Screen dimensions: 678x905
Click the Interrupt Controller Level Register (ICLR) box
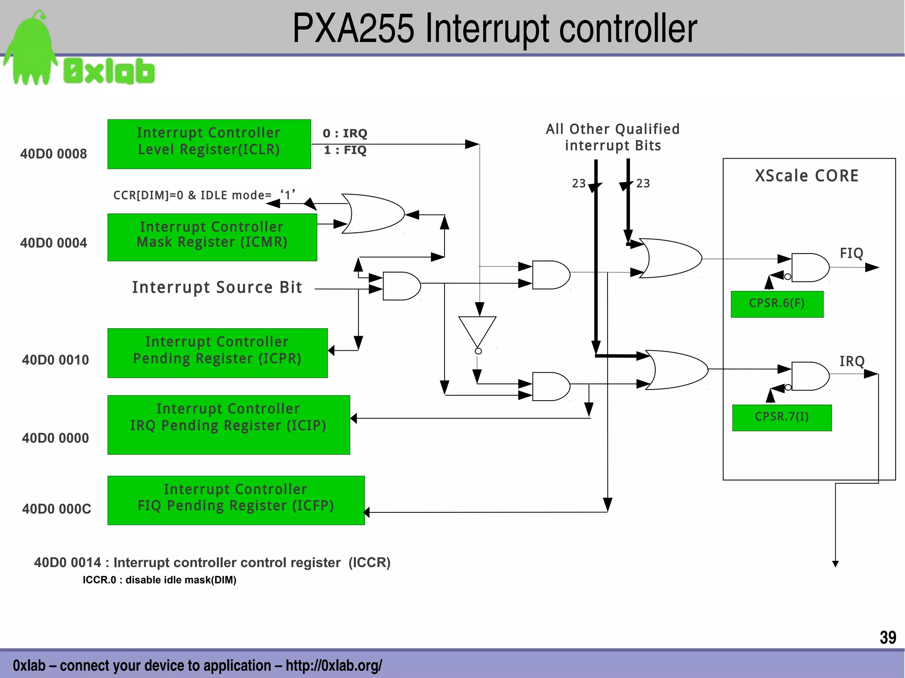(x=209, y=144)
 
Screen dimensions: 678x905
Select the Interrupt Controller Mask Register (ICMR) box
(x=212, y=237)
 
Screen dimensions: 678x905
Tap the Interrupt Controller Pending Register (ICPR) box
(x=217, y=353)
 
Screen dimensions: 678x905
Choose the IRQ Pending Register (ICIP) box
(x=228, y=424)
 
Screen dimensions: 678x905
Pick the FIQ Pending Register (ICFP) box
(x=236, y=500)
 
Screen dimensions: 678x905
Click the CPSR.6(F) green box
(x=777, y=304)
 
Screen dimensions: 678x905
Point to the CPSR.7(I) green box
(x=782, y=417)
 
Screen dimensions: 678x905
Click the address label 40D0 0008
(x=53, y=154)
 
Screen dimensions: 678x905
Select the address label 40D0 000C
(x=57, y=509)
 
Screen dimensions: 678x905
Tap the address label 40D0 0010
(x=55, y=360)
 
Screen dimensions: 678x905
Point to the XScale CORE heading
(x=806, y=176)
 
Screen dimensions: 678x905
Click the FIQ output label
(x=851, y=253)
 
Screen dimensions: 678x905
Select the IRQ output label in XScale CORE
(x=852, y=361)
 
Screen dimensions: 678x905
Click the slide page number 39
(x=887, y=637)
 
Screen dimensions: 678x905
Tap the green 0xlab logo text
(x=109, y=71)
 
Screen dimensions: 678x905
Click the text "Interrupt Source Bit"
(x=217, y=288)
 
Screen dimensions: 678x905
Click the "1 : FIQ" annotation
(x=345, y=150)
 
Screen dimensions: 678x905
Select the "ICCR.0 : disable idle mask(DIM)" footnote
(x=160, y=580)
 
